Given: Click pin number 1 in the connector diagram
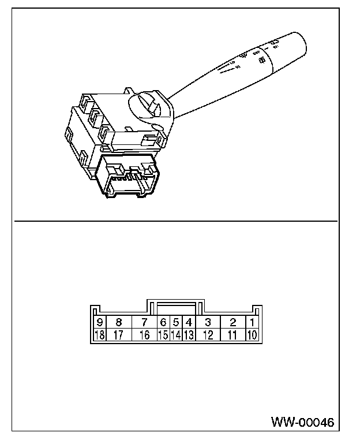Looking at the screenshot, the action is [x=253, y=322].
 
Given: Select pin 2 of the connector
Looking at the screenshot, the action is [x=232, y=322].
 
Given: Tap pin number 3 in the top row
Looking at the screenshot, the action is [x=208, y=322].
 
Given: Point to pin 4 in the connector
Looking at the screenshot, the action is [x=189, y=322].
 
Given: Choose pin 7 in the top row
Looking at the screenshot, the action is [x=144, y=322].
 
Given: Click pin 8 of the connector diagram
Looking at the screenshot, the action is [x=119, y=322].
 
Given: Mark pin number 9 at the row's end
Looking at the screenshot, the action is [x=100, y=322].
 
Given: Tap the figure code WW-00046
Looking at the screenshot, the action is [x=302, y=423].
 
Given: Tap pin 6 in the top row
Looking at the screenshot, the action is [x=163, y=322].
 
